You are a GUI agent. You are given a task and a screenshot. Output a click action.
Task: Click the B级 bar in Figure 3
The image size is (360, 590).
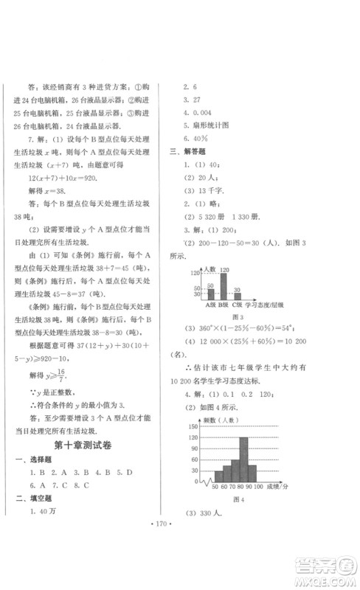point(223,285)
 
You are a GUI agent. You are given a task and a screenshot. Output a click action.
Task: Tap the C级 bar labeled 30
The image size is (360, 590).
point(237,295)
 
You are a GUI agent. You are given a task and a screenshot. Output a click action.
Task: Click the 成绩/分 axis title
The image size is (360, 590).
point(277,488)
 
